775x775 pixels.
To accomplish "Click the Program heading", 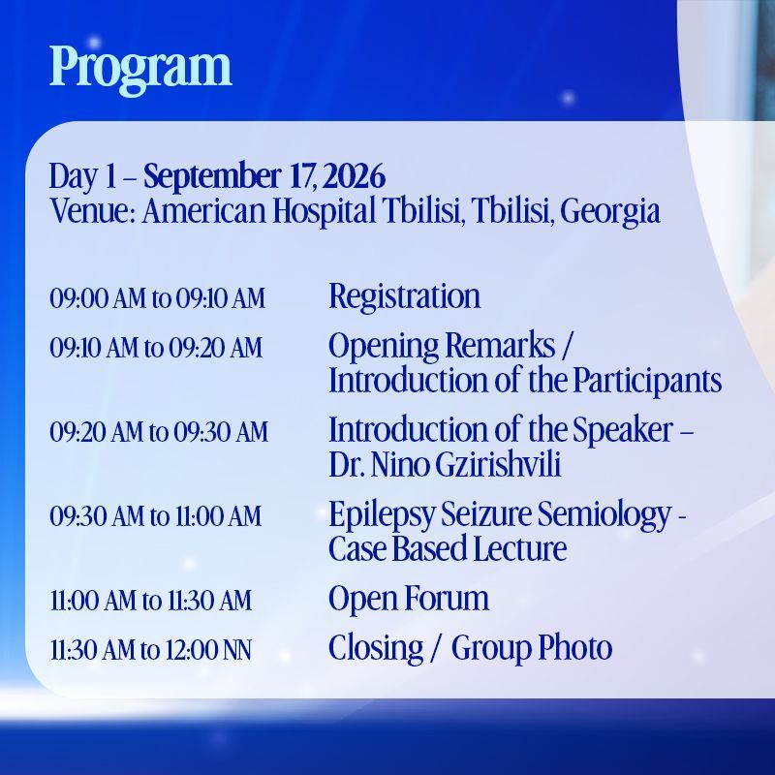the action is pos(140,69).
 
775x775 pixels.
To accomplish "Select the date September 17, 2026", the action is pos(264,176).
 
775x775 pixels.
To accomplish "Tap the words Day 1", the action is pos(82,177).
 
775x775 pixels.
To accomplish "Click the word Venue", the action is pos(92,210).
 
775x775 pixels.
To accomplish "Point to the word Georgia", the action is pos(610,211).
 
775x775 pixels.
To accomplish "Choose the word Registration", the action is pos(404,296).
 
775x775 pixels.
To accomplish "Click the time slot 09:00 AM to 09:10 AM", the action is pos(158,298).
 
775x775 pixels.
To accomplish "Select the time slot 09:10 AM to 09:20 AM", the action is pos(156,347).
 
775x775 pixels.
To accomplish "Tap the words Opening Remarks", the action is pos(442,346).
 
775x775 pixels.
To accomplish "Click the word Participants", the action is pos(647,381).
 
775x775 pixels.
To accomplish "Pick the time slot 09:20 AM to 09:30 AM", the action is pos(159,431).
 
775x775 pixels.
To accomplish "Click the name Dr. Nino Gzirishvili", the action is pos(445,465).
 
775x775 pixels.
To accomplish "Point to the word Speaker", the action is pos(623,430).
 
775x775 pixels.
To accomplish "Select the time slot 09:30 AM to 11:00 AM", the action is pos(156,516).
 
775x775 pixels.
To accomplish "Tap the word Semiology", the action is pos(604,515).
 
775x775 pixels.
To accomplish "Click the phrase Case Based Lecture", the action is pos(448,548).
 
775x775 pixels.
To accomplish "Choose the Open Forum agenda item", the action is pos(409,599).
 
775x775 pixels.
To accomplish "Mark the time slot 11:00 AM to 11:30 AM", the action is pos(151,601).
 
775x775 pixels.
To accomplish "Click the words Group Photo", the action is pos(532,648).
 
